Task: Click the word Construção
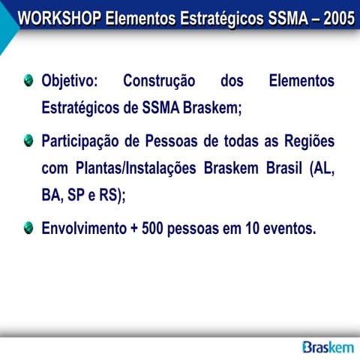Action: (158, 81)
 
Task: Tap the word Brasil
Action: (283, 169)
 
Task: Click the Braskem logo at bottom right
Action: (328, 346)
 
